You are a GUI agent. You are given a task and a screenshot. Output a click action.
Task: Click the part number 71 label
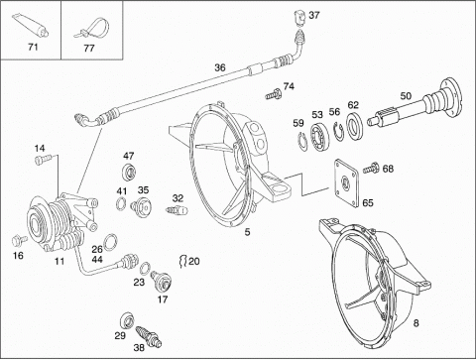tap(33, 48)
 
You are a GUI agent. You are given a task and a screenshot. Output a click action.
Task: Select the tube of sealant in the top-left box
tap(30, 25)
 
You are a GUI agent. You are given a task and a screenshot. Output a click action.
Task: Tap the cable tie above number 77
tap(90, 27)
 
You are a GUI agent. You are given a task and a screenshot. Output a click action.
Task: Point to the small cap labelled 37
tap(299, 17)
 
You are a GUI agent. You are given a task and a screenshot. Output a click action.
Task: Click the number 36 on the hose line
tap(220, 67)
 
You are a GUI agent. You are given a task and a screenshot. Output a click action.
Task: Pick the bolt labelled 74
tap(274, 95)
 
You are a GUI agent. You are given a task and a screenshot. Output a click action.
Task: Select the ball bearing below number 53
tap(319, 137)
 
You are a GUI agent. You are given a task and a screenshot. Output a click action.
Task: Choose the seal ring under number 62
tap(355, 125)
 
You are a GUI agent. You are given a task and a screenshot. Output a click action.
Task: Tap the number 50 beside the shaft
tap(406, 96)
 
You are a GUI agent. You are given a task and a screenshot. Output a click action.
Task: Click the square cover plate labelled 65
tap(346, 182)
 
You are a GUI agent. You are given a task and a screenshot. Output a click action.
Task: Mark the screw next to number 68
tap(371, 168)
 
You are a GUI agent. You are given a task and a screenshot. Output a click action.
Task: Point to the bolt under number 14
tap(43, 160)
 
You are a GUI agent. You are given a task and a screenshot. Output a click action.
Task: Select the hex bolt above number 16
tap(19, 240)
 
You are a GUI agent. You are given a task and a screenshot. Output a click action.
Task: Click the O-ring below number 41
tap(121, 203)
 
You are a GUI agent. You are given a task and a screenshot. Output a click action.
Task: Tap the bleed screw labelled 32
tap(177, 209)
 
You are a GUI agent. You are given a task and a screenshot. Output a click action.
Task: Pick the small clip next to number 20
tap(182, 261)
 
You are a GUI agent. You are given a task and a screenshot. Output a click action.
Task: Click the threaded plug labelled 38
tap(149, 337)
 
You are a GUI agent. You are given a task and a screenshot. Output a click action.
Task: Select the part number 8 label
tap(416, 322)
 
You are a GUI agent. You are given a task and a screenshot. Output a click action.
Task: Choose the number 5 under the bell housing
tap(247, 232)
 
